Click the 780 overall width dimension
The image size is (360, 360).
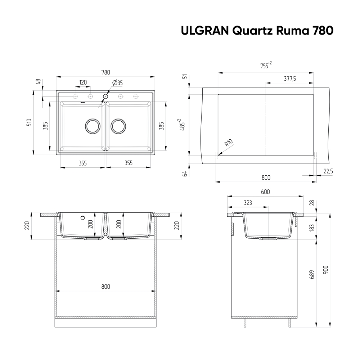105,72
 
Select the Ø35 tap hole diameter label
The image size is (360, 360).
118,83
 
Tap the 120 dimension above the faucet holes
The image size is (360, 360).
83,82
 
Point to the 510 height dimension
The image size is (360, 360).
30,122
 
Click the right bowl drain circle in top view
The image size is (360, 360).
118,126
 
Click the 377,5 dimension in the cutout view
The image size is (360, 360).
289,79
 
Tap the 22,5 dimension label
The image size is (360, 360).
328,171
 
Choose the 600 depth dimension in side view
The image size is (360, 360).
265,192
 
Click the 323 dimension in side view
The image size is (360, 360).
248,203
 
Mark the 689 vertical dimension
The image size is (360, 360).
312,274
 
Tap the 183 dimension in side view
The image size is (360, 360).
312,228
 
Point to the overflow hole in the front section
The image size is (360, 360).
83,217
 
